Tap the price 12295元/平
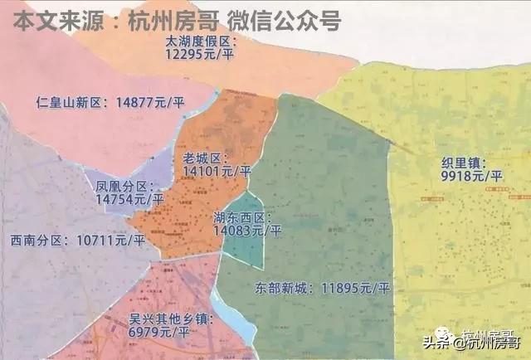tap(202, 54)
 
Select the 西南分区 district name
tap(37, 241)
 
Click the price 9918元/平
tap(472, 177)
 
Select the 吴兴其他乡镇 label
tap(172, 319)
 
